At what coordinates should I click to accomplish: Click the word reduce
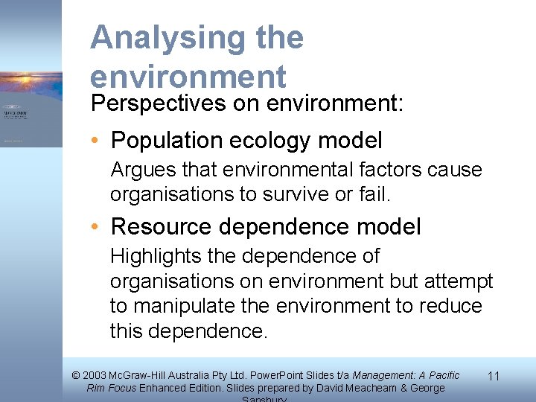tap(449, 306)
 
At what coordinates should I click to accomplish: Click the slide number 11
tap(493, 377)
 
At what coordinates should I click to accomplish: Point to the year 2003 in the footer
tap(95, 376)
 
